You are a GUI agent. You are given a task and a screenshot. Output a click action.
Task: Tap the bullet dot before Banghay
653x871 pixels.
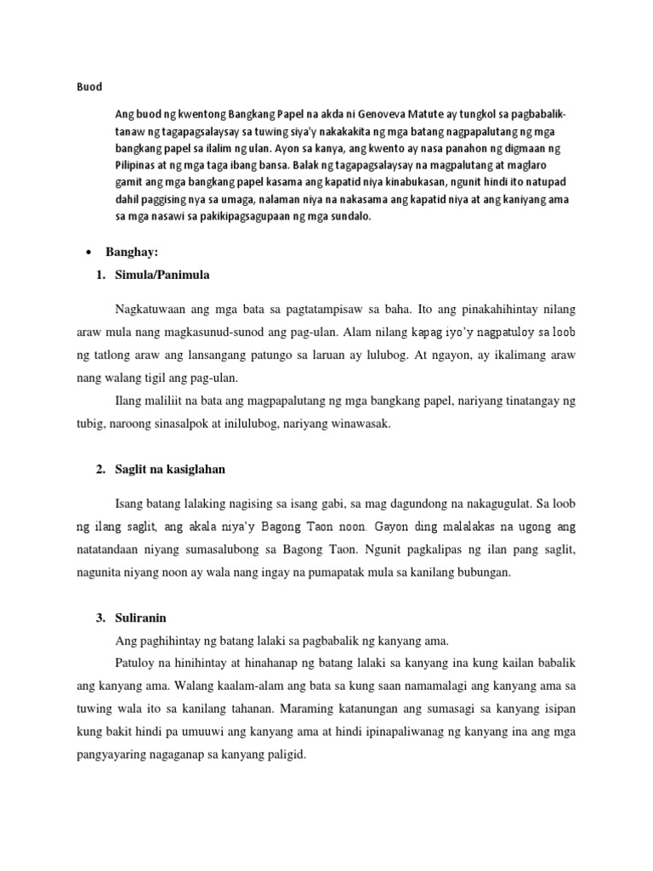(88, 253)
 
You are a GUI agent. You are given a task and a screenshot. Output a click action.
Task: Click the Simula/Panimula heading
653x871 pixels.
(162, 276)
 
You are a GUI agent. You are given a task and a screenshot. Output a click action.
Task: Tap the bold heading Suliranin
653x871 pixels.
(144, 617)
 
